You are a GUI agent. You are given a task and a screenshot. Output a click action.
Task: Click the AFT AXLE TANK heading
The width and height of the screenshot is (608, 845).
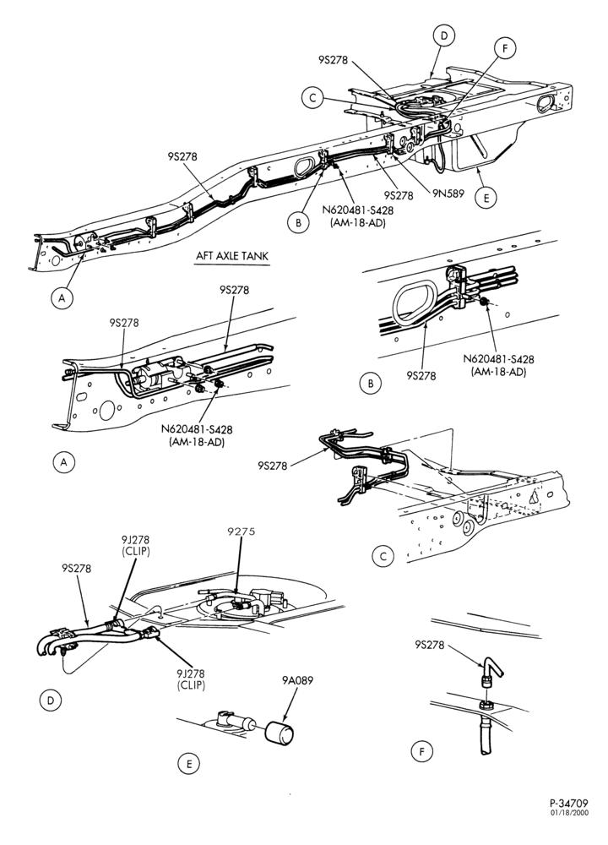pyautogui.click(x=232, y=256)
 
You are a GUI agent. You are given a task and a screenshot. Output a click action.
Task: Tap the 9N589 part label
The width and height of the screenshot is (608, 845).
pyautogui.click(x=447, y=194)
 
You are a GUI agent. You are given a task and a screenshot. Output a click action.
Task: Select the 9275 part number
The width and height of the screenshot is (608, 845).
pyautogui.click(x=241, y=532)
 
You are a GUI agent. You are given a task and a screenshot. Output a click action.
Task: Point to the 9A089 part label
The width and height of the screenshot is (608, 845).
pyautogui.click(x=296, y=680)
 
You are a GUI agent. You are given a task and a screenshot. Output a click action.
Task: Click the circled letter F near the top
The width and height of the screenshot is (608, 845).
pyautogui.click(x=505, y=48)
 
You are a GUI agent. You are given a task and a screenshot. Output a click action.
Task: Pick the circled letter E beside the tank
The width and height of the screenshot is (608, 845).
pyautogui.click(x=486, y=198)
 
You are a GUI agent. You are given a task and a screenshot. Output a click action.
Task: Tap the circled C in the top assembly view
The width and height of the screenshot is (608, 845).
pyautogui.click(x=312, y=99)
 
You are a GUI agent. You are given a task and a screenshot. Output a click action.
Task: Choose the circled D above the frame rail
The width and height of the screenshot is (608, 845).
pyautogui.click(x=443, y=36)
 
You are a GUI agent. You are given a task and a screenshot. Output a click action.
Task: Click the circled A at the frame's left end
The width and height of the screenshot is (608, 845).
pyautogui.click(x=62, y=298)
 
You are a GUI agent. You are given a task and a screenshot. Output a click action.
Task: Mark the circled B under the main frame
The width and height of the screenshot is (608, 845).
pyautogui.click(x=298, y=222)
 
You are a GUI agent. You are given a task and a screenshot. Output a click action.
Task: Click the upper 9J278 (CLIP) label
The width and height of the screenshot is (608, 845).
pyautogui.click(x=135, y=545)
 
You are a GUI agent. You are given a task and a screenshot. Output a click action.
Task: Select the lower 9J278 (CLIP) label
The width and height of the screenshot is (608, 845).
pyautogui.click(x=191, y=679)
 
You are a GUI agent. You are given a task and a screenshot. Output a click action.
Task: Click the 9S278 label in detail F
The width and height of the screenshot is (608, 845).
pyautogui.click(x=430, y=644)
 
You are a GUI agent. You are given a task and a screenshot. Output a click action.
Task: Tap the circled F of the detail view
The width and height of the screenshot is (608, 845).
pyautogui.click(x=421, y=751)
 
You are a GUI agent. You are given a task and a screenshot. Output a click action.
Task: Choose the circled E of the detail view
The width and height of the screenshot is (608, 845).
pyautogui.click(x=188, y=764)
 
